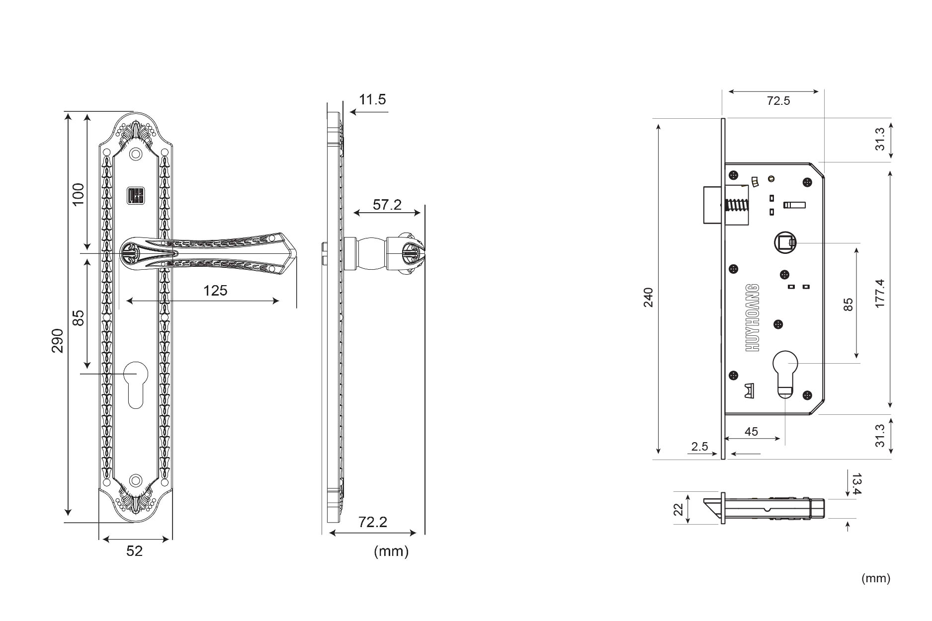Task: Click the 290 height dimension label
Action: [x=58, y=340]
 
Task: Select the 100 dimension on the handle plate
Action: [x=78, y=195]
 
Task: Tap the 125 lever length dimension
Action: [x=215, y=291]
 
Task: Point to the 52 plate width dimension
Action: [x=134, y=551]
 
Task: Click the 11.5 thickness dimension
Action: [x=372, y=100]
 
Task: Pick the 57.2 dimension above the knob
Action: [x=387, y=205]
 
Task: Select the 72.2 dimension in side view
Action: [x=372, y=522]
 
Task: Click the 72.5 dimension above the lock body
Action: [x=778, y=101]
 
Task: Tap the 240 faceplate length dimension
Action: [x=648, y=297]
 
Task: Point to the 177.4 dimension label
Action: [x=880, y=293]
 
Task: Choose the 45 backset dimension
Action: [x=751, y=432]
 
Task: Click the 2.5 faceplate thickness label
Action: [x=699, y=447]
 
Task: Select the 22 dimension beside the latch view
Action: [x=678, y=509]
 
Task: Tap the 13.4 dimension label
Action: [x=856, y=484]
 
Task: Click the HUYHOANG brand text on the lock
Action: [x=753, y=318]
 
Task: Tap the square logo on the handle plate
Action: [x=135, y=195]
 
